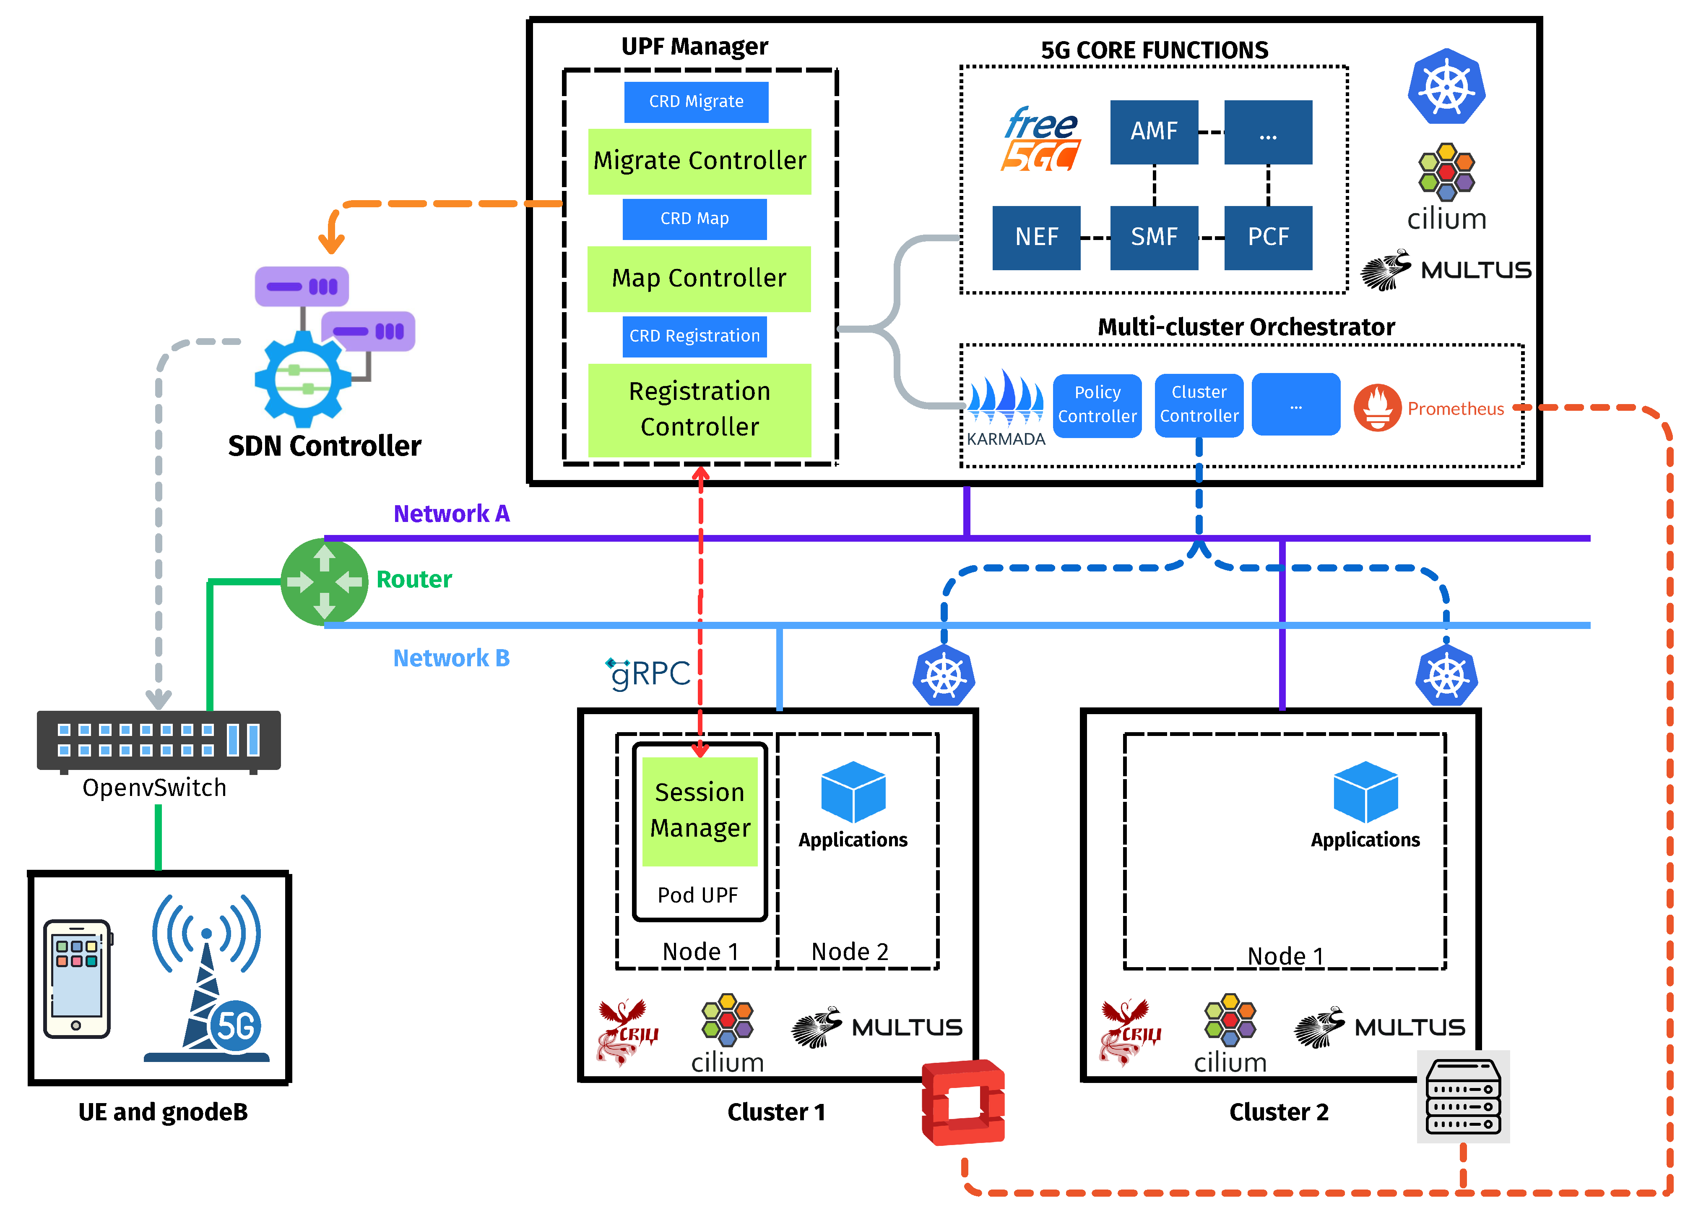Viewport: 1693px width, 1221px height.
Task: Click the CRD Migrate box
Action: (696, 102)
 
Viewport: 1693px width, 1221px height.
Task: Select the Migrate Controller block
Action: (700, 161)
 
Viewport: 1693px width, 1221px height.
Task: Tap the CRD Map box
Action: (694, 219)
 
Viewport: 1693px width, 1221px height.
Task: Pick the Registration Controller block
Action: (700, 409)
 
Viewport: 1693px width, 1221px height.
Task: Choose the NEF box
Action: (1036, 237)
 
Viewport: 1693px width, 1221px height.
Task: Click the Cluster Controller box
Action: (1199, 405)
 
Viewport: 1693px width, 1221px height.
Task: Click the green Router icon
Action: (324, 582)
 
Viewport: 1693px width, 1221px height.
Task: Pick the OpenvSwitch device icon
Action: (158, 740)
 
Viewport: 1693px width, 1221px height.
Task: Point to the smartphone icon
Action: (77, 978)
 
